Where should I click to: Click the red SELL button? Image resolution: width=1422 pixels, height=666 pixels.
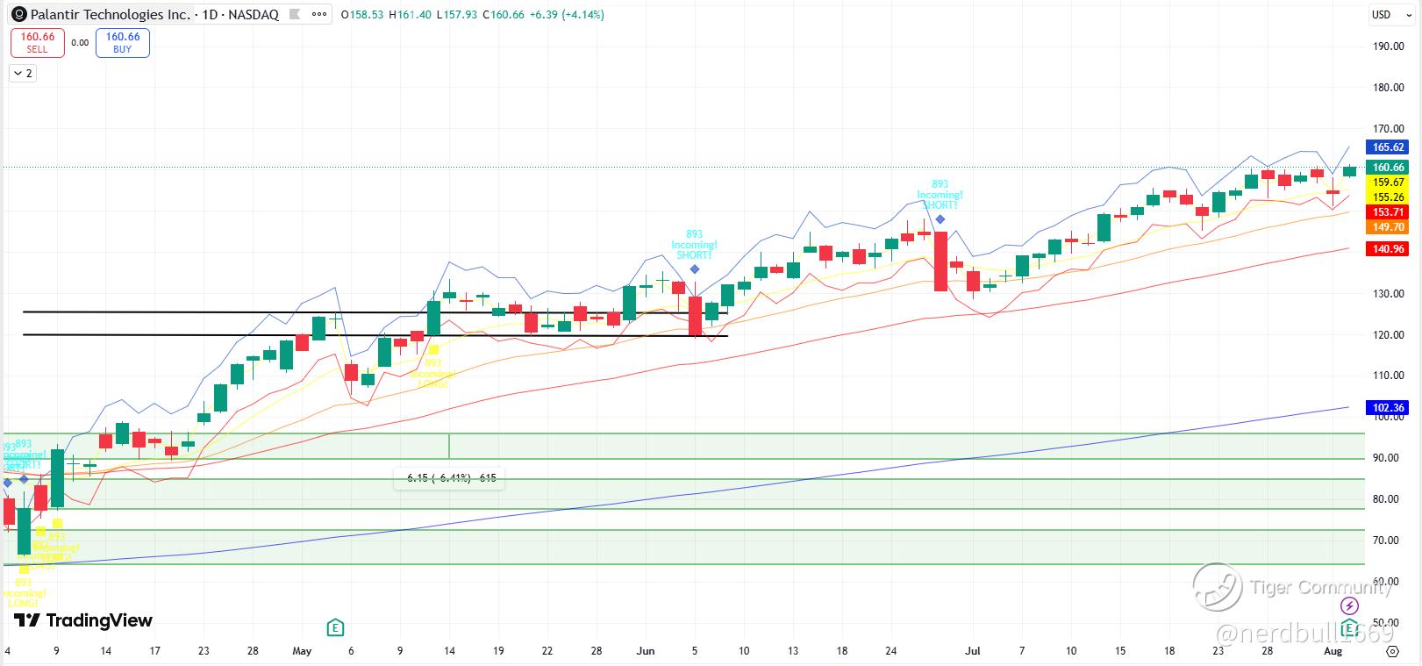click(x=38, y=42)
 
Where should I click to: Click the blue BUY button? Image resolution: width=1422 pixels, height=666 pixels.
click(x=123, y=42)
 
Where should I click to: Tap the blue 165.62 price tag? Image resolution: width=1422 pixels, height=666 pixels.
click(x=1389, y=147)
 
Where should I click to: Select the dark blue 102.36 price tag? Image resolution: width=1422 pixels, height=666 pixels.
click(x=1389, y=408)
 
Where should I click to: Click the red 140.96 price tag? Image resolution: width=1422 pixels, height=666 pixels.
click(x=1389, y=249)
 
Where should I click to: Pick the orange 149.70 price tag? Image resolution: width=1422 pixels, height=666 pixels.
click(x=1389, y=227)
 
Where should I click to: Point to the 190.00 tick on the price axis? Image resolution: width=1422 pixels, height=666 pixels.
click(x=1389, y=47)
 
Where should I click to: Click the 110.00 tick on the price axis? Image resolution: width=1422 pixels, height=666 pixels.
click(x=1389, y=376)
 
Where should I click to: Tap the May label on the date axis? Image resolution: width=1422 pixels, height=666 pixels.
click(x=302, y=651)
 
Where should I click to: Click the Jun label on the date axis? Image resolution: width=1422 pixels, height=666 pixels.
click(x=646, y=651)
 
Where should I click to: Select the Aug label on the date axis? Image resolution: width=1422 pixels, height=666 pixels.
click(x=1333, y=651)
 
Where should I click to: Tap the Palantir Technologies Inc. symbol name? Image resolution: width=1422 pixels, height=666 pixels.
click(x=110, y=15)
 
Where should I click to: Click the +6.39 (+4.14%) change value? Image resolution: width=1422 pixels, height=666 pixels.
click(x=567, y=15)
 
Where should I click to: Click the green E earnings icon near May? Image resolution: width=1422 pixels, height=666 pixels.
click(x=334, y=627)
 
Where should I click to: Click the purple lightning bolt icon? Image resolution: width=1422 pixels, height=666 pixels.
click(x=1350, y=606)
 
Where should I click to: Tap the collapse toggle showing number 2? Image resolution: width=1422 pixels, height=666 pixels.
click(x=23, y=74)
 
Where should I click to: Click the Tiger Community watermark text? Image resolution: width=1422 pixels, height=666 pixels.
click(x=1320, y=587)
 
